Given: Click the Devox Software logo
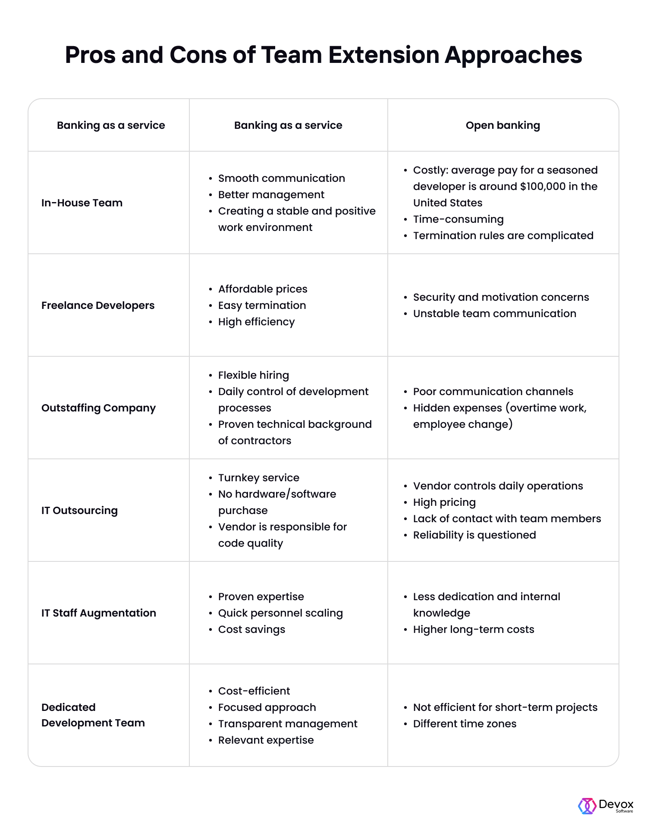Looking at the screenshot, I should pos(606,806).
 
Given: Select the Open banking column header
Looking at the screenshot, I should pos(503,125).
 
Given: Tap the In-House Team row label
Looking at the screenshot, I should pos(82,203).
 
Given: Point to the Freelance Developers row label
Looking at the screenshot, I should pos(98,305).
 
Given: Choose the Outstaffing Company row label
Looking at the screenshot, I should pos(98,408).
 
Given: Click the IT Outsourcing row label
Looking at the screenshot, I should pos(79,511).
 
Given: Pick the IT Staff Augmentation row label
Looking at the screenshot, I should pos(99,613).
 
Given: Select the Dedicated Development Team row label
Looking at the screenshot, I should pos(93,715).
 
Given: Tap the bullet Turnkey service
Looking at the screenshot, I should pos(258,478).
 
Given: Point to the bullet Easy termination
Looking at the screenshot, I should pos(262,305).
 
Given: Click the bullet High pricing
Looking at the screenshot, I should pos(444,502).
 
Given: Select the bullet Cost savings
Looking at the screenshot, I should pos(251,629).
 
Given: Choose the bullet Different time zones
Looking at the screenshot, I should pos(465,724).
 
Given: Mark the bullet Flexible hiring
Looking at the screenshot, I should pos(253,375).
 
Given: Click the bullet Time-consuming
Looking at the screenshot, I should pos(458,219).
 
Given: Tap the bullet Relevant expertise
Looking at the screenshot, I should pos(266,740).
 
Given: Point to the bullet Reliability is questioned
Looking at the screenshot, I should pos(474,535).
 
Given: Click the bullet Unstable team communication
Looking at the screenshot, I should pos(494,314).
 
